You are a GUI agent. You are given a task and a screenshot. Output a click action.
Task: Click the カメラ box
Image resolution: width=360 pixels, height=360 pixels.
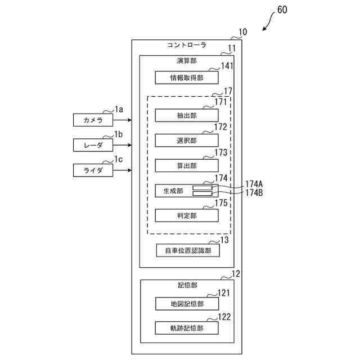pyautogui.click(x=93, y=120)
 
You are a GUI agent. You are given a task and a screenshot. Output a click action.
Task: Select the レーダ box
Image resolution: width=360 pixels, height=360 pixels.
pyautogui.click(x=93, y=145)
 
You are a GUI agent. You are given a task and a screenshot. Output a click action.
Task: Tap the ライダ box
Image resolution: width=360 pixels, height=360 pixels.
pyautogui.click(x=93, y=170)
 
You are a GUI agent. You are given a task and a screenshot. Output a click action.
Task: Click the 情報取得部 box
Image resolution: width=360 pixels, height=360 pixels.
pyautogui.click(x=187, y=78)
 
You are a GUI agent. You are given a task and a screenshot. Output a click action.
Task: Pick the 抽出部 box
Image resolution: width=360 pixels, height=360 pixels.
pyautogui.click(x=187, y=115)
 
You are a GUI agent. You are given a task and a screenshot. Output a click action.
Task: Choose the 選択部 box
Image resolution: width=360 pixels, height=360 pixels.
pyautogui.click(x=187, y=140)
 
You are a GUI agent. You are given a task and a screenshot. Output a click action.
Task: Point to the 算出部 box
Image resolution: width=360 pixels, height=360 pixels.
pyautogui.click(x=187, y=165)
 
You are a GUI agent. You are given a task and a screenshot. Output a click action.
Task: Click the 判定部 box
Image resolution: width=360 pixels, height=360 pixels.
pyautogui.click(x=187, y=215)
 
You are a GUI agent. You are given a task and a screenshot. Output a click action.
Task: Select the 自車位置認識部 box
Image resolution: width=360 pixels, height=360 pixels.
pyautogui.click(x=188, y=250)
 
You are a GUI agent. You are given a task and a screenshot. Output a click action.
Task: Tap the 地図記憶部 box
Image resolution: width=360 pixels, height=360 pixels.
pyautogui.click(x=187, y=304)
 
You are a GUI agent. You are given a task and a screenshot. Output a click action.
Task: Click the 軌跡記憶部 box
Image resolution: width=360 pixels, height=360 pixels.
pyautogui.click(x=187, y=328)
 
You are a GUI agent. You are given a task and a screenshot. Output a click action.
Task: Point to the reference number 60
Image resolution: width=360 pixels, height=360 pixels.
pyautogui.click(x=282, y=10)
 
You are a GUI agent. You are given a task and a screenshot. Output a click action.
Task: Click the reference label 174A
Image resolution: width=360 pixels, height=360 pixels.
pyautogui.click(x=254, y=184)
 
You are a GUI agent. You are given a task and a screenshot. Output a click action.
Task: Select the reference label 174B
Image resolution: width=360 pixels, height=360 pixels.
pyautogui.click(x=254, y=192)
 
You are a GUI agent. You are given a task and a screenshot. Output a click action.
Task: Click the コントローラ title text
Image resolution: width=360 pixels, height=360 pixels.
pyautogui.click(x=187, y=45)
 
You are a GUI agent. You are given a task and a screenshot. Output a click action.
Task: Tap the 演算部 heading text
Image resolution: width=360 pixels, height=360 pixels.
pyautogui.click(x=187, y=61)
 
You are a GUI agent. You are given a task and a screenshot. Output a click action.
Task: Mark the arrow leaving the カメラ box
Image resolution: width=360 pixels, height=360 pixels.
pyautogui.click(x=122, y=120)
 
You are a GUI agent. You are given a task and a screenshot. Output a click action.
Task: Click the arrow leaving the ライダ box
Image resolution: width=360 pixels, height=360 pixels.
pyautogui.click(x=122, y=170)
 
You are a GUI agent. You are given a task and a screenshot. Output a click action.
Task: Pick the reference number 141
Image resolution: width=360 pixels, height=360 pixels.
pyautogui.click(x=227, y=66)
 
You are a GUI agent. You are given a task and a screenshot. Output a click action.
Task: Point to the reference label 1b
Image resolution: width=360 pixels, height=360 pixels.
pyautogui.click(x=119, y=134)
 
